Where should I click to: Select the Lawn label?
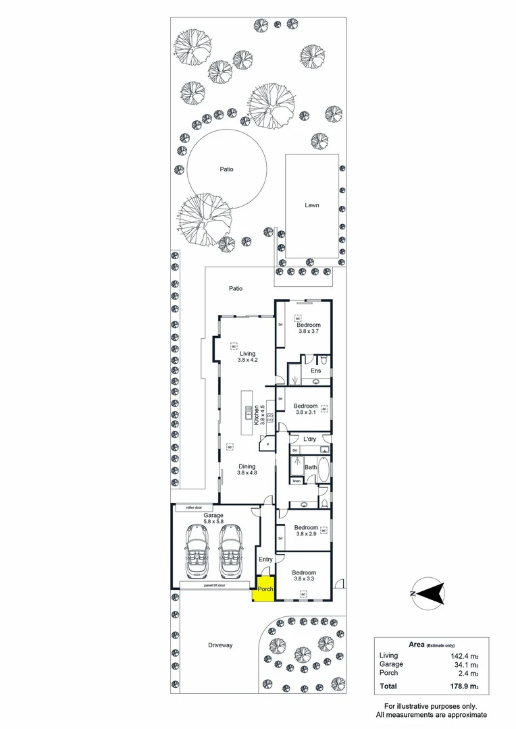[311, 205]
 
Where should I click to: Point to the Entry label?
[265, 559]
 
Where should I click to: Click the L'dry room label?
[311, 439]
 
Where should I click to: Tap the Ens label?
[315, 371]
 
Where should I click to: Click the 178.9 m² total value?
[465, 686]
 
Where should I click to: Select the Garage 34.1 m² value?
[466, 664]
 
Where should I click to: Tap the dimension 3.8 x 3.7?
[308, 332]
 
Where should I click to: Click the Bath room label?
[311, 467]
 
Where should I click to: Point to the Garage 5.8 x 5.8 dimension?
[213, 522]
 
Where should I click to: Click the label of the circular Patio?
[226, 169]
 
